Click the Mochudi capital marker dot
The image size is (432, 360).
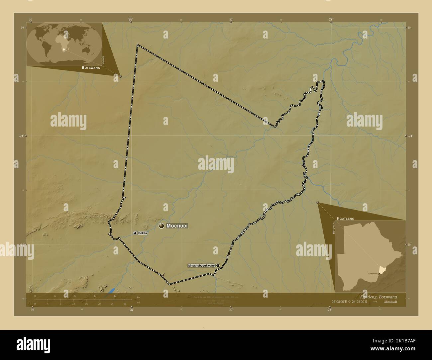click(x=162, y=226)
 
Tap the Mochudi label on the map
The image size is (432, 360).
click(x=177, y=226)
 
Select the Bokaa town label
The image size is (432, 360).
click(x=143, y=233)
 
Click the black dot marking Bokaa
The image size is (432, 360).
click(x=135, y=233)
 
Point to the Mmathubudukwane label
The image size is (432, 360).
click(x=201, y=266)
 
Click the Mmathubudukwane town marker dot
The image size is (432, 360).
click(x=218, y=266)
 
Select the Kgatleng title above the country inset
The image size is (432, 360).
click(x=345, y=219)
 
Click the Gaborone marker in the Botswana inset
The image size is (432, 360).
click(x=378, y=274)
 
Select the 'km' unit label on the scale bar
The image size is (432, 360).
click(x=139, y=297)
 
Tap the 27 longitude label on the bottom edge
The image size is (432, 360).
click(x=330, y=310)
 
